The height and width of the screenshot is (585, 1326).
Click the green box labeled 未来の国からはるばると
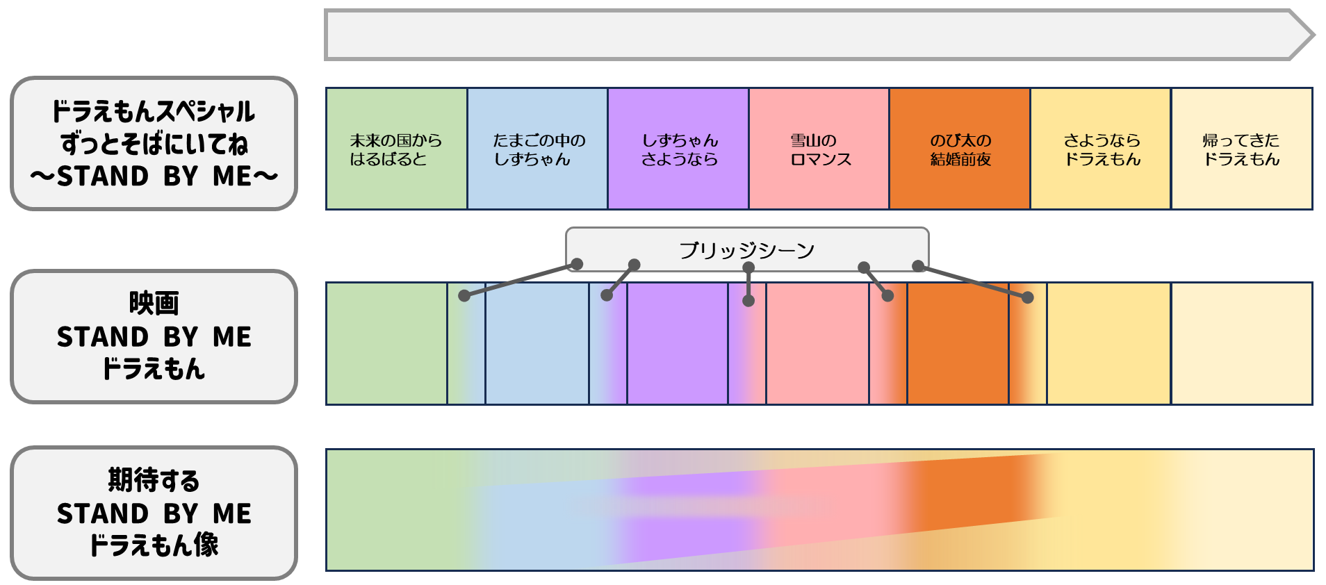click(396, 149)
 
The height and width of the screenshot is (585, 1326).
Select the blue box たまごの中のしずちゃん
click(537, 149)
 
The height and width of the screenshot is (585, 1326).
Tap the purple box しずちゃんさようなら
click(678, 149)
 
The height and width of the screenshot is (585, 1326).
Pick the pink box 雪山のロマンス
click(819, 149)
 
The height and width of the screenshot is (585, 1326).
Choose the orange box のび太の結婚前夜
click(960, 149)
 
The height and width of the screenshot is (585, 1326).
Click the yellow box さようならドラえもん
click(1101, 149)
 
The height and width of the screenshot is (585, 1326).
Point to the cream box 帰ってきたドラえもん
click(1242, 149)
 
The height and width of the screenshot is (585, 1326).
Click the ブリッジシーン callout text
click(747, 249)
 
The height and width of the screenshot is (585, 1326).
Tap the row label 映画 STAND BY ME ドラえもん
click(154, 336)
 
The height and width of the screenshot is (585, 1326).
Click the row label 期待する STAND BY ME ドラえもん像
click(154, 513)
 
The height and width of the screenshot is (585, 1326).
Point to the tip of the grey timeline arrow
click(1313, 35)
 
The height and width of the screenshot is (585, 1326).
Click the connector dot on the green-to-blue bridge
click(464, 295)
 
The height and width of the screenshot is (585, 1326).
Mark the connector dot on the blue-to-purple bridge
click(607, 295)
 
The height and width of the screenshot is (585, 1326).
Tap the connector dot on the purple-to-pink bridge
click(748, 301)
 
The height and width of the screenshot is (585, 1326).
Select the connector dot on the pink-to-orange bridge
click(887, 296)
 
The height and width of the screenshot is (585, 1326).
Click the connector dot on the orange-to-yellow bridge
click(1028, 297)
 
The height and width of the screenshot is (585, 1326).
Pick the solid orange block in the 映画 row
click(958, 343)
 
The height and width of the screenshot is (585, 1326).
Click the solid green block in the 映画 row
click(386, 343)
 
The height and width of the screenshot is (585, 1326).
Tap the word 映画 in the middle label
click(154, 304)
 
